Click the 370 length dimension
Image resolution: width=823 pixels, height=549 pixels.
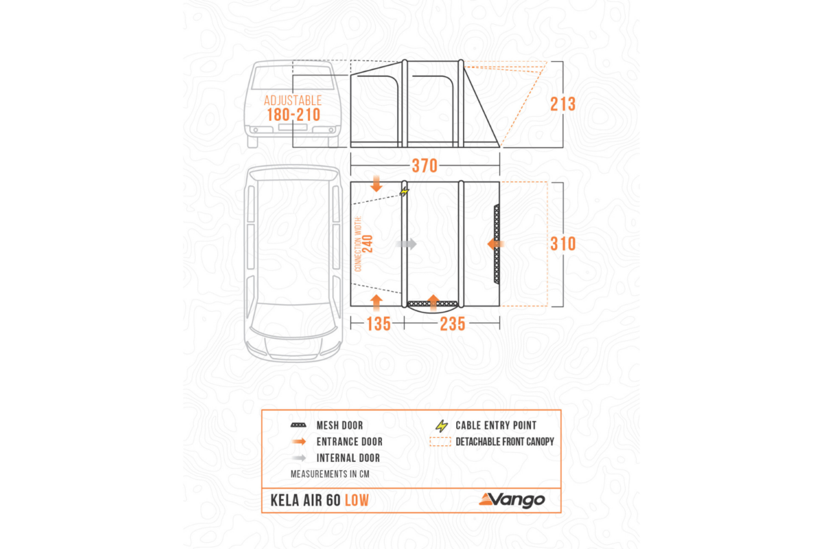tap(425, 166)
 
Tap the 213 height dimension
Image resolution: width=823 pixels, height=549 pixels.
tap(563, 104)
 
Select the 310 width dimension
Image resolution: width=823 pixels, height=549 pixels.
tap(563, 244)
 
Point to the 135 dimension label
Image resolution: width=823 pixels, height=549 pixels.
tap(379, 324)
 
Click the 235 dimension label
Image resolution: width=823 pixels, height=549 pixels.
tap(453, 324)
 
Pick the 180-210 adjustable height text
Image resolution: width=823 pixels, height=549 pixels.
tap(294, 115)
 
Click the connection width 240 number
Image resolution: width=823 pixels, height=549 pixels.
tap(368, 244)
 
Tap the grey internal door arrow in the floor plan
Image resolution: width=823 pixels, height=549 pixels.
tap(406, 244)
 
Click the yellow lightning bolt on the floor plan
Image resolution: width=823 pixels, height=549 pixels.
tap(405, 191)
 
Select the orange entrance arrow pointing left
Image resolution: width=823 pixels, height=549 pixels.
tap(496, 244)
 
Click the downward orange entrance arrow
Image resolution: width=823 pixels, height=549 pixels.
tap(377, 183)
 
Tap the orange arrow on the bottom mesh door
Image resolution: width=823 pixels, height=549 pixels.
tap(434, 302)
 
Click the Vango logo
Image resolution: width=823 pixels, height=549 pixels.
tap(512, 500)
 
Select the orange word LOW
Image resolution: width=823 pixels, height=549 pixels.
tap(357, 500)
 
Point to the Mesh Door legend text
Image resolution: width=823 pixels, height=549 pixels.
tap(340, 425)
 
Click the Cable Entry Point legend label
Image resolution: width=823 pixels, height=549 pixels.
tap(496, 425)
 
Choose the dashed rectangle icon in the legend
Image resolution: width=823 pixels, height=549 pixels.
tap(440, 442)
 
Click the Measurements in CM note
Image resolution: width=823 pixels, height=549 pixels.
tap(330, 474)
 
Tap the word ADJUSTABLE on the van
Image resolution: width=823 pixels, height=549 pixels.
tap(293, 100)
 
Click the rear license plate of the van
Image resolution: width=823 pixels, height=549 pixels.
tap(293, 127)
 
